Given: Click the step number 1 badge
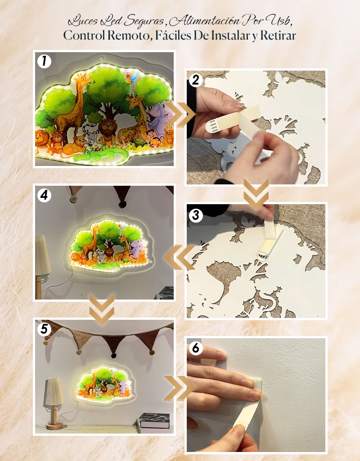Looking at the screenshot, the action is click(x=45, y=62).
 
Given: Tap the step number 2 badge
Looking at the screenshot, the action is click(x=196, y=80).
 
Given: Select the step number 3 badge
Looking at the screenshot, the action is click(x=196, y=215).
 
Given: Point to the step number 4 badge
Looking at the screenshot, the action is click(x=45, y=195).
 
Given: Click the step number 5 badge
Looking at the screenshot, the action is click(x=45, y=329).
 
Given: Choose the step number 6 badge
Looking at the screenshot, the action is click(x=196, y=349).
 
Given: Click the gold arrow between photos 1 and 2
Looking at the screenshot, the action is click(x=180, y=115).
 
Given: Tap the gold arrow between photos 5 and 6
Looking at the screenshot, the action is click(x=180, y=388).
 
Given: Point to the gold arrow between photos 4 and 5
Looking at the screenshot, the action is click(x=101, y=309).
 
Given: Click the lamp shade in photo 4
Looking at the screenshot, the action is click(x=43, y=255).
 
